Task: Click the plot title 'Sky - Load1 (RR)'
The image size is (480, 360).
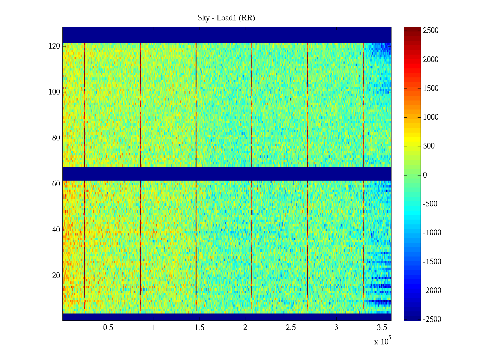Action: pos(226,18)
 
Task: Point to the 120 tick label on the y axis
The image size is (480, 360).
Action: pos(54,46)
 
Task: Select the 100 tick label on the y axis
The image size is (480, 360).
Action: pos(54,92)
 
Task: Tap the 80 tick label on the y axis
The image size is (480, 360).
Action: pos(56,138)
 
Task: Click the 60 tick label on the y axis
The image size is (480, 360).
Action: pos(56,184)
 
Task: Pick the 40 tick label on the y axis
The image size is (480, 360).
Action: pos(56,230)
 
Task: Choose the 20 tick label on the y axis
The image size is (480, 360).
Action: pos(56,276)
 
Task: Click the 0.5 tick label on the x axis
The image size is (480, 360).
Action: pos(108,328)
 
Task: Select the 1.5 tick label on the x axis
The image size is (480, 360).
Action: pos(199,328)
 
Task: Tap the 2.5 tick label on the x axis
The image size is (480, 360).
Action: pos(291,328)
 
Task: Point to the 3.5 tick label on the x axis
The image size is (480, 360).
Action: pos(382,328)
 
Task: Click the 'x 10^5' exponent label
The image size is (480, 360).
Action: pos(382,341)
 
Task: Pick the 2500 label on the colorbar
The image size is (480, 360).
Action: pos(431,31)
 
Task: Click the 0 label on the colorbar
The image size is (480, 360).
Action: pos(425,175)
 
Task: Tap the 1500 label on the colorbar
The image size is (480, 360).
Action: pos(431,88)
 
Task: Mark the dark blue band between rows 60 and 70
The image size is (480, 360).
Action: pos(227,174)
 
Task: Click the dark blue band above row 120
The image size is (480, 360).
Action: pos(227,35)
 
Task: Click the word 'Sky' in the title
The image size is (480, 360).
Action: pos(203,18)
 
